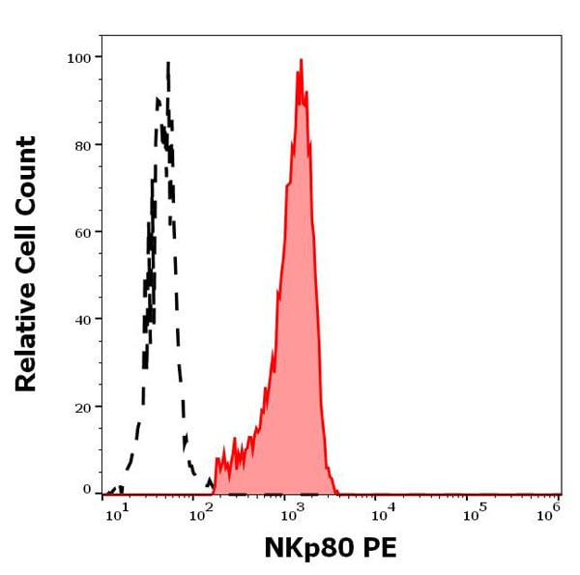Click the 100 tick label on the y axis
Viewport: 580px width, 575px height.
pyautogui.click(x=78, y=58)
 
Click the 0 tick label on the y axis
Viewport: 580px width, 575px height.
pyautogui.click(x=87, y=489)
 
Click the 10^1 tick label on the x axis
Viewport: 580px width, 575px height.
pyautogui.click(x=115, y=514)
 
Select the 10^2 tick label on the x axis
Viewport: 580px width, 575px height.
pyautogui.click(x=202, y=514)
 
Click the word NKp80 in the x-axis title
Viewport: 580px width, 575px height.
pyautogui.click(x=303, y=548)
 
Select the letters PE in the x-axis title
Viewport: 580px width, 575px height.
pyautogui.click(x=375, y=548)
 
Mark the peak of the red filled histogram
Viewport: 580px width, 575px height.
pyautogui.click(x=301, y=61)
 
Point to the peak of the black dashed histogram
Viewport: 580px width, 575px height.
pyautogui.click(x=168, y=64)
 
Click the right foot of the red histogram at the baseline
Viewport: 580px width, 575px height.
pyautogui.click(x=337, y=491)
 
